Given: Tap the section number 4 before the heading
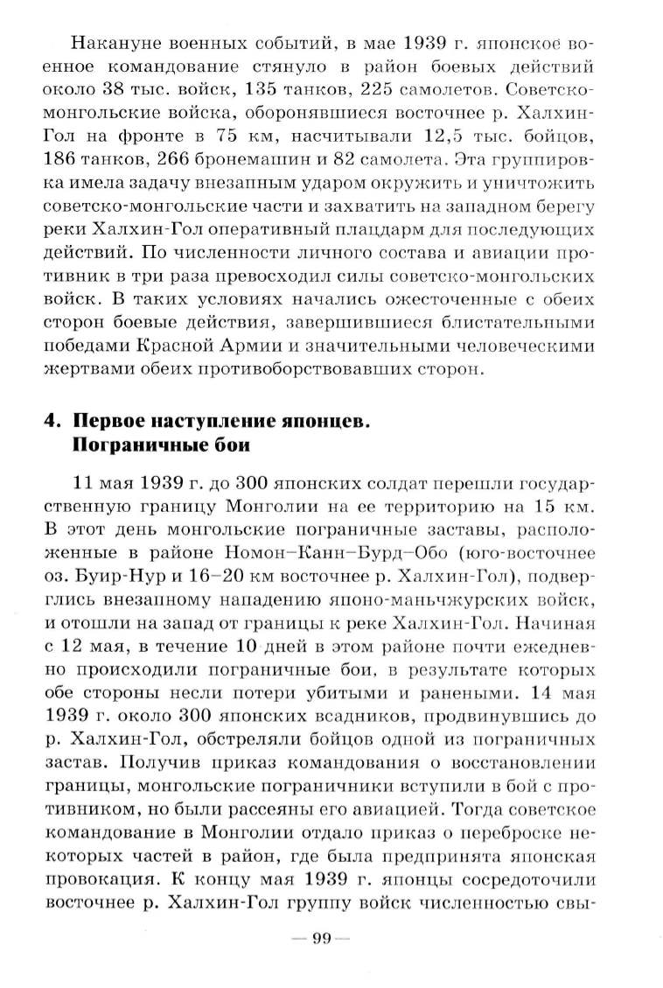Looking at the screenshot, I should (x=52, y=421).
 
